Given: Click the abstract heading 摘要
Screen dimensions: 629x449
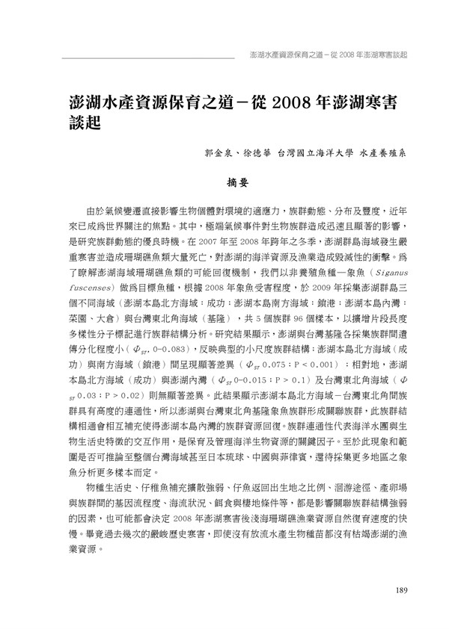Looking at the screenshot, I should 237,181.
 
